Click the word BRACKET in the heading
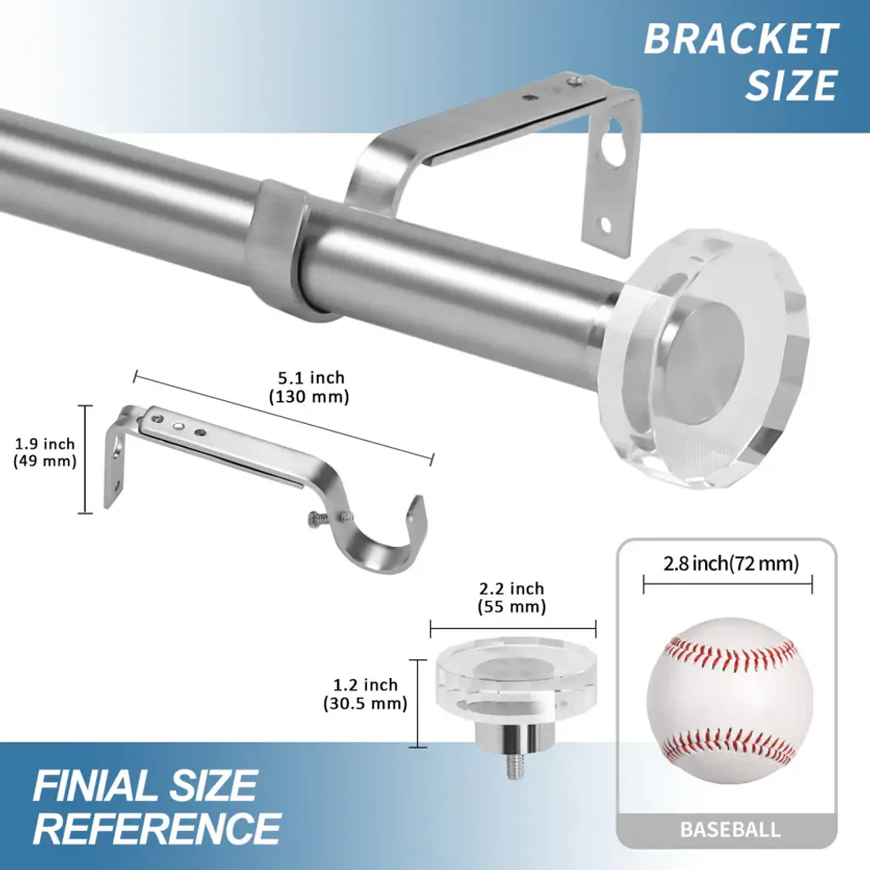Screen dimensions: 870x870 [x=741, y=39]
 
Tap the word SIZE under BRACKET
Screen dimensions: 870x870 [x=791, y=85]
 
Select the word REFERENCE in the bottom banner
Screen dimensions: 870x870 [x=156, y=828]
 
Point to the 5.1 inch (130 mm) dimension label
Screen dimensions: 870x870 [x=309, y=387]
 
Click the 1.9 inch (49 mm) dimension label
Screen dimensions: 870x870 [x=44, y=452]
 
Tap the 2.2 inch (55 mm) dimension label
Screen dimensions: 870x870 [x=511, y=597]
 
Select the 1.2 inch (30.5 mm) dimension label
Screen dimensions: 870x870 [x=365, y=693]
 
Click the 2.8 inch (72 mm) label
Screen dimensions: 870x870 [x=731, y=564]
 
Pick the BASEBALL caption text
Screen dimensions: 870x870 [x=730, y=829]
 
